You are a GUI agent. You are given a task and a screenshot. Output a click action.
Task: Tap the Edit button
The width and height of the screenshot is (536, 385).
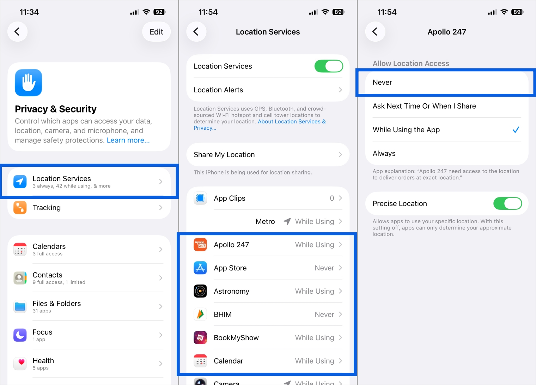pos(156,32)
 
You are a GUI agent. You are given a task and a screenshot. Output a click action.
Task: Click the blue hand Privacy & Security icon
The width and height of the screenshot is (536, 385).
pos(29,83)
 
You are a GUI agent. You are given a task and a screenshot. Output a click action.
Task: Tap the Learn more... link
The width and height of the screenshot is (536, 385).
pos(128,140)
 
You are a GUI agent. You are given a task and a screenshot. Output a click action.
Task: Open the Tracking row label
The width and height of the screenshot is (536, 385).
pos(47,208)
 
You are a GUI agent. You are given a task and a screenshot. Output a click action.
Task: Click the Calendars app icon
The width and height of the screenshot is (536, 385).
pos(20,249)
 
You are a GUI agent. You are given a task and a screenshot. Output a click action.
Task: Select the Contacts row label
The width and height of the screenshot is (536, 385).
pos(47,275)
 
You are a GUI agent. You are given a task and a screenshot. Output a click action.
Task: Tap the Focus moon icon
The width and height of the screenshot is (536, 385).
pos(20,335)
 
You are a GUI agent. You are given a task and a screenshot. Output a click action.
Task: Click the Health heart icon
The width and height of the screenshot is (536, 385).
pos(20,363)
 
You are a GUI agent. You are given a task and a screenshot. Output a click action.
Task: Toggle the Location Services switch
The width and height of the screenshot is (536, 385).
pos(329,66)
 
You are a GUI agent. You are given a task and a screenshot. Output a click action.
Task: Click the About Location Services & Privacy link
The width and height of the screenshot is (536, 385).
pos(292,122)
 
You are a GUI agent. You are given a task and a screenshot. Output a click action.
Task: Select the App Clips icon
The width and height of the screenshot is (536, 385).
pos(200,198)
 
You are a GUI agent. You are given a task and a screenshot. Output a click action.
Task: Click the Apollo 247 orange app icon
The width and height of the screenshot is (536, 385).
pos(200,245)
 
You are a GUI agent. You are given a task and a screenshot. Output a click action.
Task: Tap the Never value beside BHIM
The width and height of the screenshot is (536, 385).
pos(324,314)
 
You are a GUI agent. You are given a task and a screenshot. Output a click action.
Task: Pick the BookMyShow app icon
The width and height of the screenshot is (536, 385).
pos(200,338)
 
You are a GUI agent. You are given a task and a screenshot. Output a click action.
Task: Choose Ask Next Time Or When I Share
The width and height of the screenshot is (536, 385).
pos(424,106)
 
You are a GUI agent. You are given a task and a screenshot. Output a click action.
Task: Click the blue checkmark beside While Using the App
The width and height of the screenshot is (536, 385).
pos(516,130)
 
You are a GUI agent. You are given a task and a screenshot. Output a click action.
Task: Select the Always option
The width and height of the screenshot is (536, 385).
pos(384,153)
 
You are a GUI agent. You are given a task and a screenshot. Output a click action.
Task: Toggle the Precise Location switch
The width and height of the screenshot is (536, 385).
pos(507,203)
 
